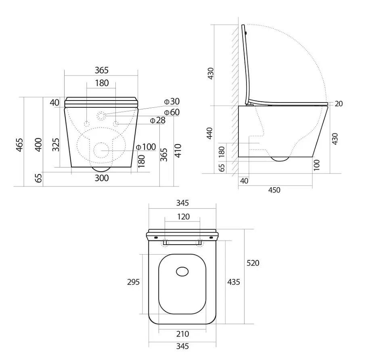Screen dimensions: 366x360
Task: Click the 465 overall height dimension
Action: [20, 145]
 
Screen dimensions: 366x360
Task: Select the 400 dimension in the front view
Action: [38, 145]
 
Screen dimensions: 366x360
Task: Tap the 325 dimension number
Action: [56, 145]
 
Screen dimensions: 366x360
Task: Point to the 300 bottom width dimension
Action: [102, 178]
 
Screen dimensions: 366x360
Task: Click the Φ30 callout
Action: [172, 102]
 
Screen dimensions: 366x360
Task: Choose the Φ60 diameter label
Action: [172, 112]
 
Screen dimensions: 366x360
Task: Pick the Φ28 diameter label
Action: [157, 120]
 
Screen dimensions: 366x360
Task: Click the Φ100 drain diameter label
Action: [146, 147]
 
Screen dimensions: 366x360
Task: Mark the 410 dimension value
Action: [178, 151]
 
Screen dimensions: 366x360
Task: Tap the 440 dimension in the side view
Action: [209, 133]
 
